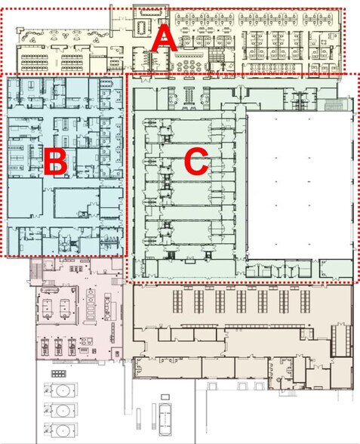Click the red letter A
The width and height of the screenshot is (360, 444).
click(163, 37)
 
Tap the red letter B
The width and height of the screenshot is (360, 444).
click(55, 161)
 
